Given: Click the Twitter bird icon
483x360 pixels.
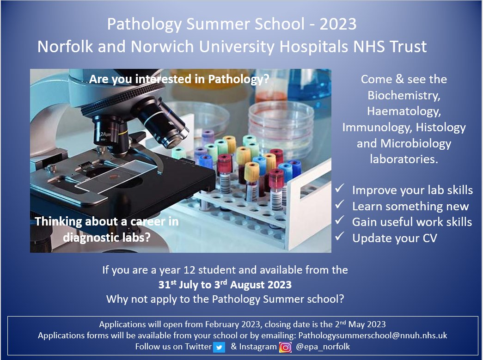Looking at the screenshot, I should [x=219, y=347].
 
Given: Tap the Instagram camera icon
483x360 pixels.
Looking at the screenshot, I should [x=286, y=347].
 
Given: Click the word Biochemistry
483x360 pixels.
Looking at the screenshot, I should [x=404, y=95].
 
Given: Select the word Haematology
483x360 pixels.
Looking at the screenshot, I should [x=404, y=111].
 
